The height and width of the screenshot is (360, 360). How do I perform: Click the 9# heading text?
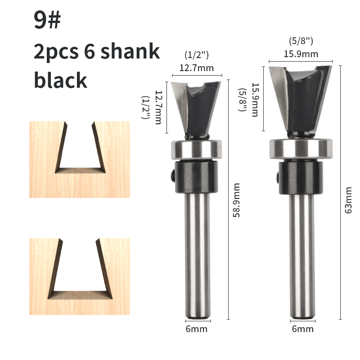tap(47, 20)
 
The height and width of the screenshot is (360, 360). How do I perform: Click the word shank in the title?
tap(130, 51)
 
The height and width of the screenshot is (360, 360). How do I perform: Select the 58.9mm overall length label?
tap(236, 200)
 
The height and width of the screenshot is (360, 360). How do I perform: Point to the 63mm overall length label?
tap(348, 200)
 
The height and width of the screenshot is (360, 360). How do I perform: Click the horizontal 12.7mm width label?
tap(197, 68)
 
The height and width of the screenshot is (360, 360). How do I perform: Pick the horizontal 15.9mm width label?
tap(301, 54)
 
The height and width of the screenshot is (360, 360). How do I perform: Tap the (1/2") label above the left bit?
tap(197, 55)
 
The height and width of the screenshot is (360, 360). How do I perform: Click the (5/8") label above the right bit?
tap(301, 41)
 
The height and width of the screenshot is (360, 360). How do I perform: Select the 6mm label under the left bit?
tap(197, 329)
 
